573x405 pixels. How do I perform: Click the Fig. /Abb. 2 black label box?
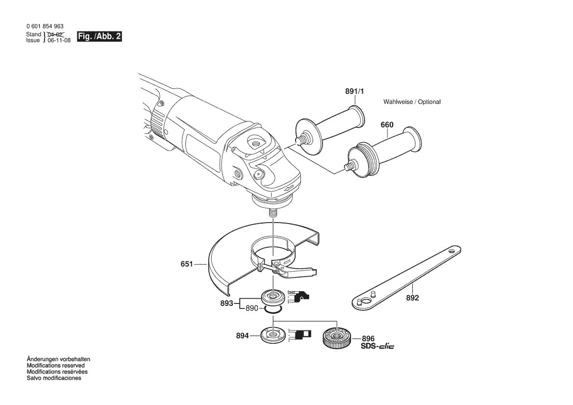[x=99, y=37]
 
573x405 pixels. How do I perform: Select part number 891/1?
[x=354, y=91]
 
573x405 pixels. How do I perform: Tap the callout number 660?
[x=387, y=125]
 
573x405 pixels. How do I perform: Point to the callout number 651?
[x=187, y=264]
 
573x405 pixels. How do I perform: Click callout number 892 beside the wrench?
[x=413, y=298]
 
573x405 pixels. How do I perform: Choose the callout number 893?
[x=227, y=304]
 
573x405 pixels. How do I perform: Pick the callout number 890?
[x=252, y=308]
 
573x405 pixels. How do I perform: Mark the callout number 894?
[x=242, y=335]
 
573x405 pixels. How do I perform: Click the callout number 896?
[x=368, y=339]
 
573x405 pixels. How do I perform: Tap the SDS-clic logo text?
[x=377, y=346]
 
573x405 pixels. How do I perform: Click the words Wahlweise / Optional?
[x=412, y=102]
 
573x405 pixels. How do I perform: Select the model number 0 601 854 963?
[x=45, y=26]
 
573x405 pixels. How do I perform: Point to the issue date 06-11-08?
[x=59, y=40]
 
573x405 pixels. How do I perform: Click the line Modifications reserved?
[x=55, y=365]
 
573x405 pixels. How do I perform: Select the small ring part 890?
[x=274, y=310]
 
